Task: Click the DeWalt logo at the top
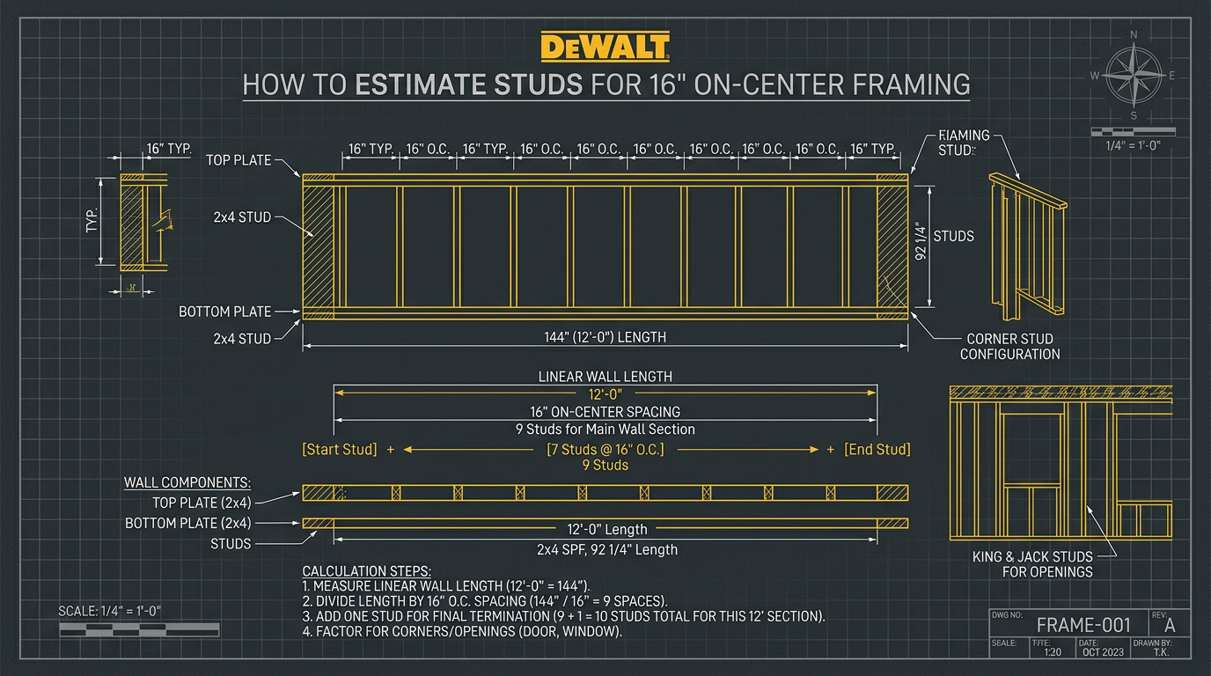pos(605,47)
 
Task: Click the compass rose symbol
pos(1134,76)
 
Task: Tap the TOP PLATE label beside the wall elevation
pos(240,160)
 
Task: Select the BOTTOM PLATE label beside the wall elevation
pos(225,312)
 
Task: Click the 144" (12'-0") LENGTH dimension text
pos(605,336)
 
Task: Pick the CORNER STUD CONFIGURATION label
pos(1009,346)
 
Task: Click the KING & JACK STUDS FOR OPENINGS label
pos(1032,563)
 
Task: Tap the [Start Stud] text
pos(339,449)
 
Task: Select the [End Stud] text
pos(877,449)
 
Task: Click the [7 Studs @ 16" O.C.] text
pos(605,449)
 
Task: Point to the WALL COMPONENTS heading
pos(187,482)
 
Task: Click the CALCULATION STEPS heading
pos(366,570)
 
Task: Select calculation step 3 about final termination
pos(563,616)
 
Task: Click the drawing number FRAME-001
pos(1083,625)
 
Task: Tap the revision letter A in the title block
pos(1170,625)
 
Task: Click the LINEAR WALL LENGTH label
pos(605,376)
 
